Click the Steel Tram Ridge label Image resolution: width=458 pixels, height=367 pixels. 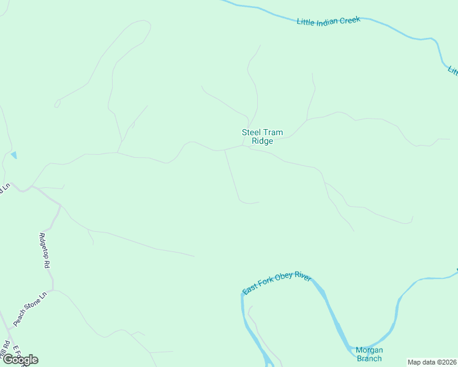[262, 136]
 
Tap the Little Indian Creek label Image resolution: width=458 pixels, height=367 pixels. [329, 21]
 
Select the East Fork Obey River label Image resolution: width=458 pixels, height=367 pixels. [277, 283]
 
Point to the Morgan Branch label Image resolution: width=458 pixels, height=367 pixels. [369, 354]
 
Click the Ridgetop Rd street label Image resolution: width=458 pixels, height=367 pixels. [43, 251]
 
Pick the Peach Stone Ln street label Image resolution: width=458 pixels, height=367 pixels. [30, 310]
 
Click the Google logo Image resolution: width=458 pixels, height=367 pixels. [20, 360]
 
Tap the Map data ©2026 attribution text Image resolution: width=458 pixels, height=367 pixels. [432, 362]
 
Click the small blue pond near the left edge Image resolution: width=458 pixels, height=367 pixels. [13, 155]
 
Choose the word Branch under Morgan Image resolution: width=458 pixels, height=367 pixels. [369, 358]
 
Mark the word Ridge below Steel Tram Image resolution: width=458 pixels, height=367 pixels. [262, 141]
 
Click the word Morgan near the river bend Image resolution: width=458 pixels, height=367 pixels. [369, 350]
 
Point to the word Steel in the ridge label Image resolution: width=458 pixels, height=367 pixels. [252, 132]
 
